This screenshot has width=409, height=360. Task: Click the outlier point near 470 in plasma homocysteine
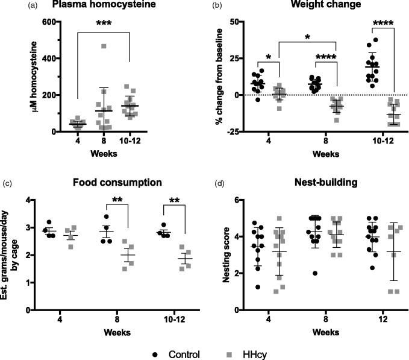104,46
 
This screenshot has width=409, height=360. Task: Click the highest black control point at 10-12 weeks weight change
376,40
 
